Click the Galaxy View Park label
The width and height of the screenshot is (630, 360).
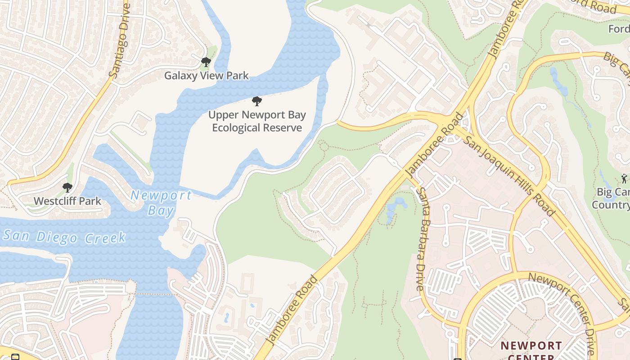point(206,76)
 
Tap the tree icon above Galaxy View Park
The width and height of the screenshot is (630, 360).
point(206,62)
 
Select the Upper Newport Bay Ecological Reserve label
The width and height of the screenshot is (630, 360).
point(257,121)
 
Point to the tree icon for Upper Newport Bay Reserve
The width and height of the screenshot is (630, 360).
point(257,101)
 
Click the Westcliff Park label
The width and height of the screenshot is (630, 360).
point(67,201)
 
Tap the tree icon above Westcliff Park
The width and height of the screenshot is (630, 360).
point(67,187)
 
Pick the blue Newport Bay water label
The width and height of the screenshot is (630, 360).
point(161,202)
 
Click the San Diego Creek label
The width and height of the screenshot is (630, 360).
point(64,237)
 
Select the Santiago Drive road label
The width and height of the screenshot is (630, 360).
point(120,41)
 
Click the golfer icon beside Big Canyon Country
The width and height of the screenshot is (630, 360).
point(624,178)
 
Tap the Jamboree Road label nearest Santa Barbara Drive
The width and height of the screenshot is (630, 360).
point(434,145)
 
